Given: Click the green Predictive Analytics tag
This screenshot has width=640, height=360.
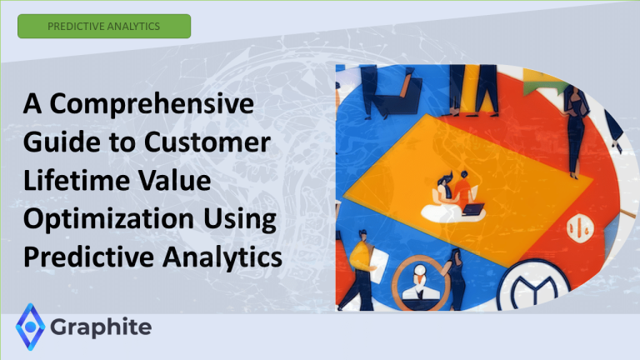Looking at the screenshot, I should (103, 26).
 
